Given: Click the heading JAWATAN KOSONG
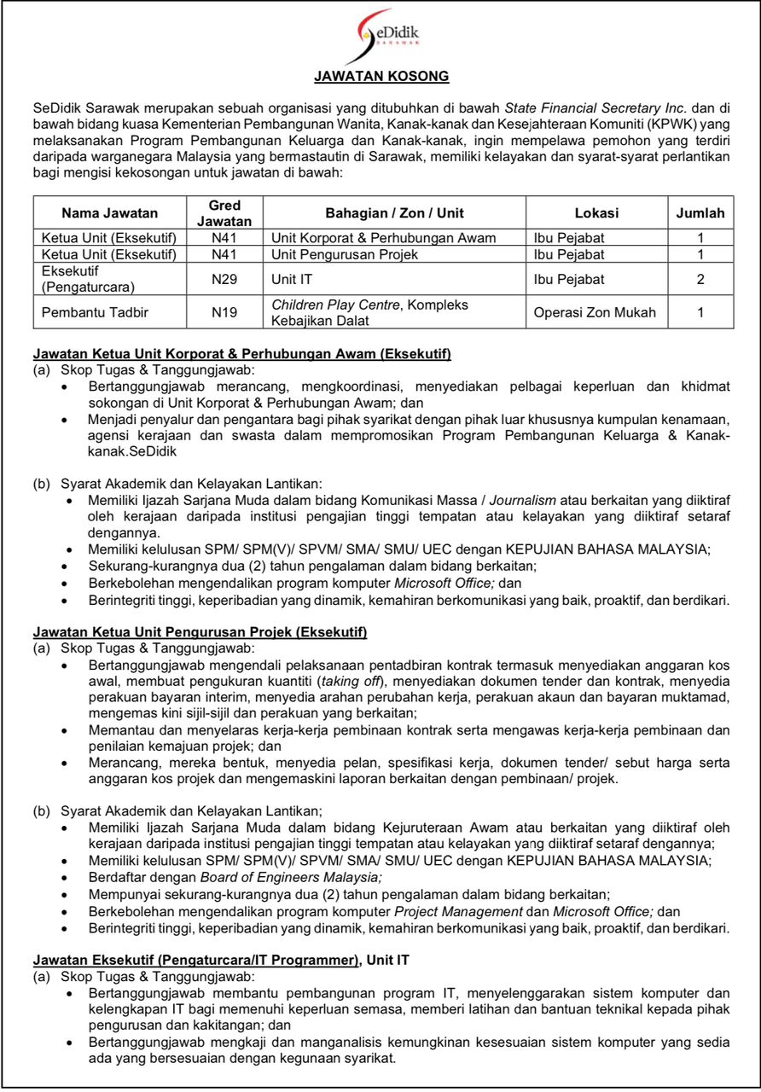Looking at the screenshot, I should click(381, 77).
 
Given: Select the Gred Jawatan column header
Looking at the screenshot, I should click(224, 213).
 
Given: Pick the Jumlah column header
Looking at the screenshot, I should click(700, 213).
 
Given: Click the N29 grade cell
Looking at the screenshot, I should click(224, 279).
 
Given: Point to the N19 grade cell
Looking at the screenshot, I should click(224, 312).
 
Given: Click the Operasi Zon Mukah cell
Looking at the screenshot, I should click(595, 312).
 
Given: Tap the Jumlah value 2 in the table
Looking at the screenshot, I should click(700, 279).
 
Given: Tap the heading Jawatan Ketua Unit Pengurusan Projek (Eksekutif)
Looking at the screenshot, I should click(200, 632).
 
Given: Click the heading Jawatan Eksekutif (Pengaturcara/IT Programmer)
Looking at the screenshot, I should click(195, 960).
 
